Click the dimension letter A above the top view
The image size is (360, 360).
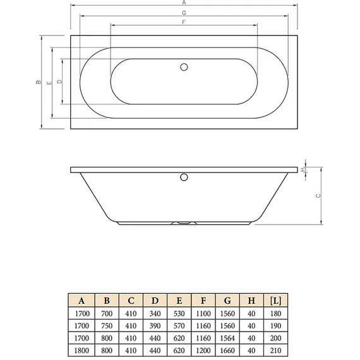[183, 3]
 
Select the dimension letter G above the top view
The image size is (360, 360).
[183, 13]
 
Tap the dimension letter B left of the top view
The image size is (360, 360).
[38, 82]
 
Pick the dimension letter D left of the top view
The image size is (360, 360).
[59, 82]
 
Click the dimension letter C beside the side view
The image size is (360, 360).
[318, 196]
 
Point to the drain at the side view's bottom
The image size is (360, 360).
[183, 222]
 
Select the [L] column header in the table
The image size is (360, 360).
[275, 300]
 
